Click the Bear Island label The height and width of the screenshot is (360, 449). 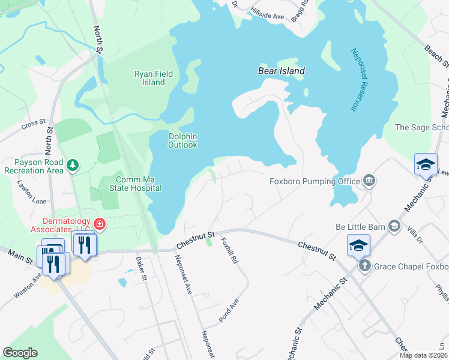click(281, 71)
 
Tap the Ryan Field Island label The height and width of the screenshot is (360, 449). click(154, 78)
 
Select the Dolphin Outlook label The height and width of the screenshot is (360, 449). click(182, 140)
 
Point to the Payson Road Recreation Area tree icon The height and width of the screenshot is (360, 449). click(73, 165)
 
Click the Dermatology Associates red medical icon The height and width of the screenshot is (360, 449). click(100, 225)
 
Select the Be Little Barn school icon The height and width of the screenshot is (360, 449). click(394, 226)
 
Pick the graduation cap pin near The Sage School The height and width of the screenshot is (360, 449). click(426, 164)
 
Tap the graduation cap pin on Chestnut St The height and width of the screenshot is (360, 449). click(358, 245)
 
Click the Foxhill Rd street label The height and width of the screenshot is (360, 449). click(230, 253)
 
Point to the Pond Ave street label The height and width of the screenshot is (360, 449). click(229, 311)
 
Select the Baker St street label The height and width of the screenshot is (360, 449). click(142, 268)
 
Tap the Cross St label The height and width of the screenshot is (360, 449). click(34, 124)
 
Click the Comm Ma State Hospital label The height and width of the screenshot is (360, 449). click(131, 184)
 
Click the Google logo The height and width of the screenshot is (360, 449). click(20, 353)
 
